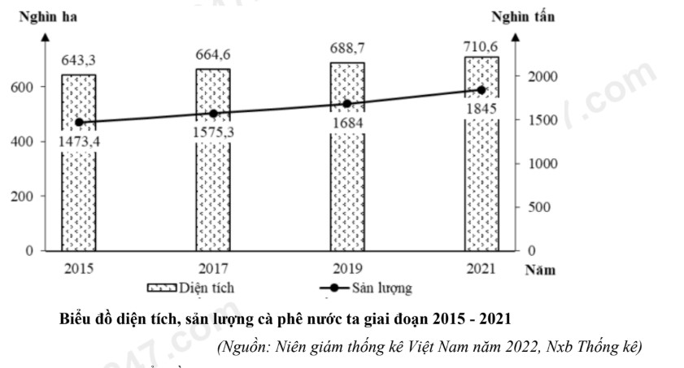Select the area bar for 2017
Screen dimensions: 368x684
point(212,195)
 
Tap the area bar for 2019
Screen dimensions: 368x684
point(346,195)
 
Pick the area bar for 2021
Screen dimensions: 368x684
point(481,195)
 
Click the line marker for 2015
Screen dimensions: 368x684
point(79,123)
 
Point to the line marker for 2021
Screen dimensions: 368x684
point(481,90)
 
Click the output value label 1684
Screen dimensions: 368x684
point(346,123)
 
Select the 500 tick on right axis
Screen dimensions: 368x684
point(541,206)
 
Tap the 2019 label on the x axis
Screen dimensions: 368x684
point(346,267)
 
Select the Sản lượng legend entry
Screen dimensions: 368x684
point(366,288)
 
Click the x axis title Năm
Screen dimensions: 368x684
point(539,271)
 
